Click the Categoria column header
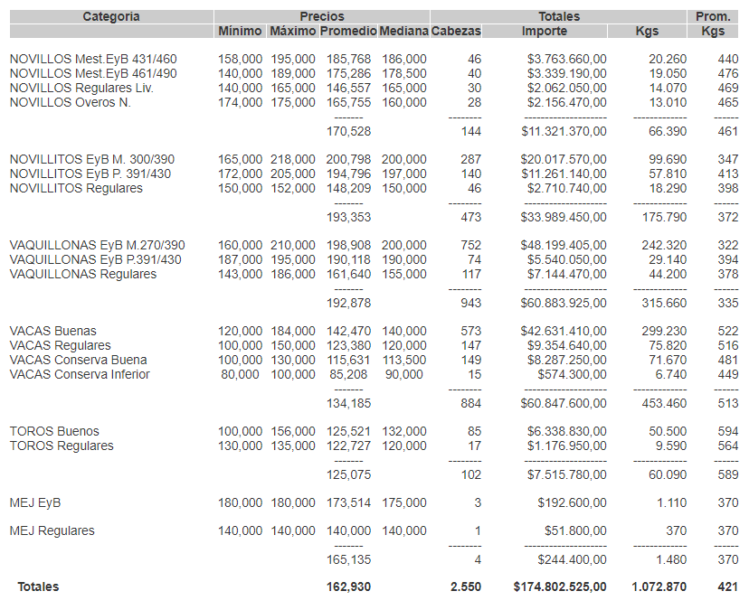pyautogui.click(x=111, y=16)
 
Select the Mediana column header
pyautogui.click(x=403, y=32)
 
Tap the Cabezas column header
pyautogui.click(x=457, y=32)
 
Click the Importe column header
pyautogui.click(x=545, y=32)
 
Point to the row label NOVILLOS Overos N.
pyautogui.click(x=71, y=102)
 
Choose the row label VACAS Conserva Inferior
pyautogui.click(x=80, y=374)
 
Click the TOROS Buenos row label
pyautogui.click(x=54, y=431)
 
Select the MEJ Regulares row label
pyautogui.click(x=52, y=530)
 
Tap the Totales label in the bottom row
pyautogui.click(x=38, y=587)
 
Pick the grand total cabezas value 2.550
pyautogui.click(x=466, y=587)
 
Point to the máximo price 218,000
pyautogui.click(x=293, y=159)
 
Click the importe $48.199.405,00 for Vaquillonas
pyautogui.click(x=564, y=245)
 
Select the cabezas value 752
pyautogui.click(x=470, y=245)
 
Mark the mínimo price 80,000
pyautogui.click(x=243, y=374)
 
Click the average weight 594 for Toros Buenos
pyautogui.click(x=728, y=431)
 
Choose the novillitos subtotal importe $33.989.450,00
pyautogui.click(x=564, y=217)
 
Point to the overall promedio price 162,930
pyautogui.click(x=349, y=587)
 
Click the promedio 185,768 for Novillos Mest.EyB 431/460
pyautogui.click(x=349, y=59)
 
